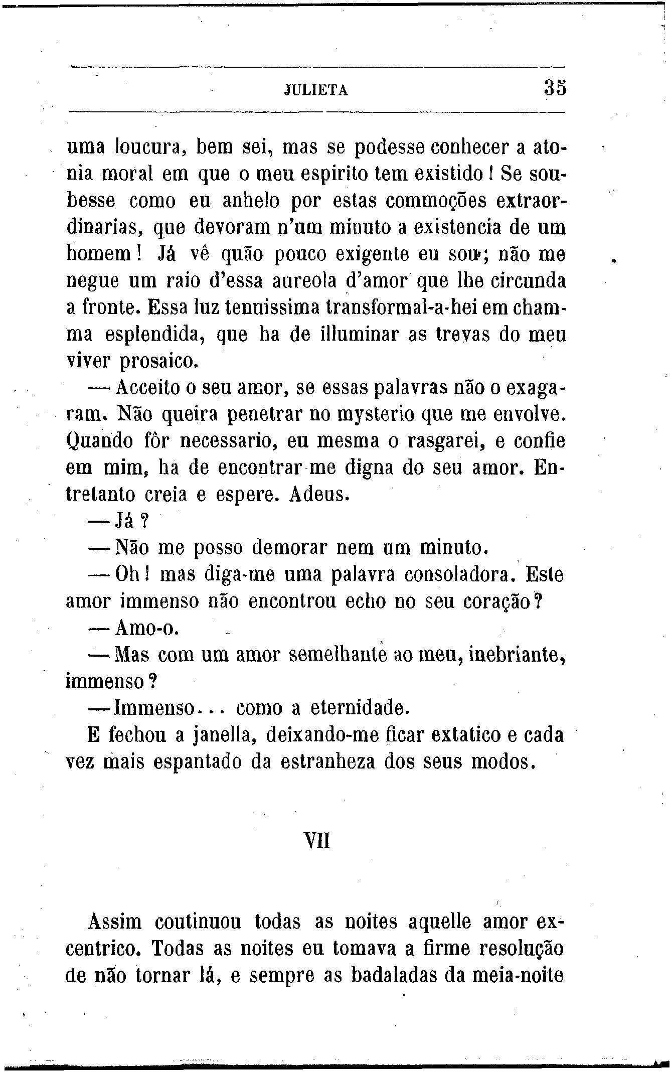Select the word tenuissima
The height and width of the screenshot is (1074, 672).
[x=269, y=308]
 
